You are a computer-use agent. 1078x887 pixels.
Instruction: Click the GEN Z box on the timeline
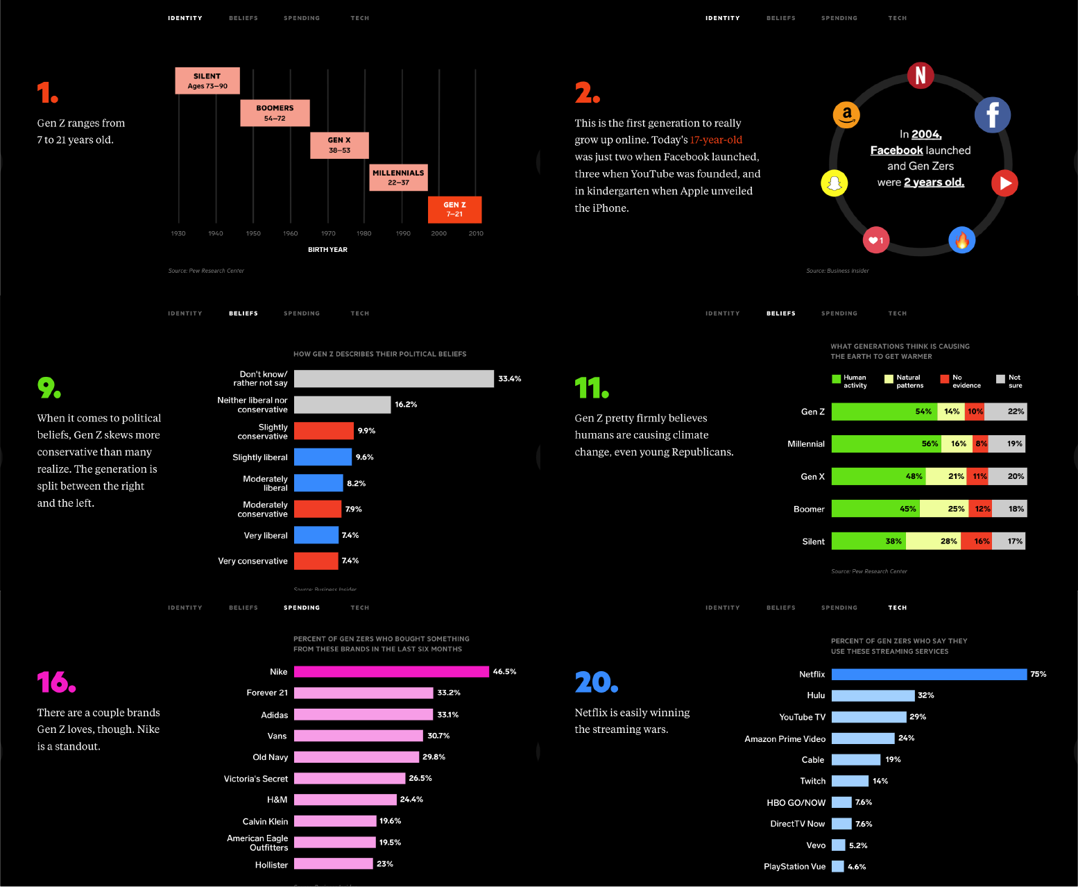[x=454, y=210]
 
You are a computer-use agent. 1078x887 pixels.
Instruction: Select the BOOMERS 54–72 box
[x=275, y=113]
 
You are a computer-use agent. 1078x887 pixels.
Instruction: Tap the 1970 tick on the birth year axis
[x=328, y=233]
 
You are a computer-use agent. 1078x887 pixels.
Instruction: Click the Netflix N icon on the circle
[x=920, y=75]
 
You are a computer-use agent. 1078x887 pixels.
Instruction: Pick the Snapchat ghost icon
[x=835, y=183]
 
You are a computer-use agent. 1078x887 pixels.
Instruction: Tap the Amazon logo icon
[x=846, y=115]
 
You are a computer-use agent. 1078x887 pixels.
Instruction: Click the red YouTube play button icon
[x=1004, y=183]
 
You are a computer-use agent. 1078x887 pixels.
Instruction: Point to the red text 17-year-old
[x=716, y=140]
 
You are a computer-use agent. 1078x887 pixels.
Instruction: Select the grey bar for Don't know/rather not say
[x=393, y=379]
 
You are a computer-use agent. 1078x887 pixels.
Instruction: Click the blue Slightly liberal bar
[x=323, y=457]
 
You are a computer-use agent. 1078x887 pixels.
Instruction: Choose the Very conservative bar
[x=316, y=561]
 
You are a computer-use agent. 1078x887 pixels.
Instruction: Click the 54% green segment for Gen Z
[x=884, y=412]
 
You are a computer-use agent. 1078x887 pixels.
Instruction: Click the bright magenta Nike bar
[x=391, y=672]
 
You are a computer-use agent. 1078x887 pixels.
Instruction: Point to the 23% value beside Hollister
[x=385, y=864]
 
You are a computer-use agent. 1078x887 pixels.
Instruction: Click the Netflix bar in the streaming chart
[x=928, y=675]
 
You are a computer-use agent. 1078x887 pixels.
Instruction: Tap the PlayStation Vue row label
[x=794, y=867]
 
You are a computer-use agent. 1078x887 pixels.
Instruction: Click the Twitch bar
[x=850, y=782]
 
